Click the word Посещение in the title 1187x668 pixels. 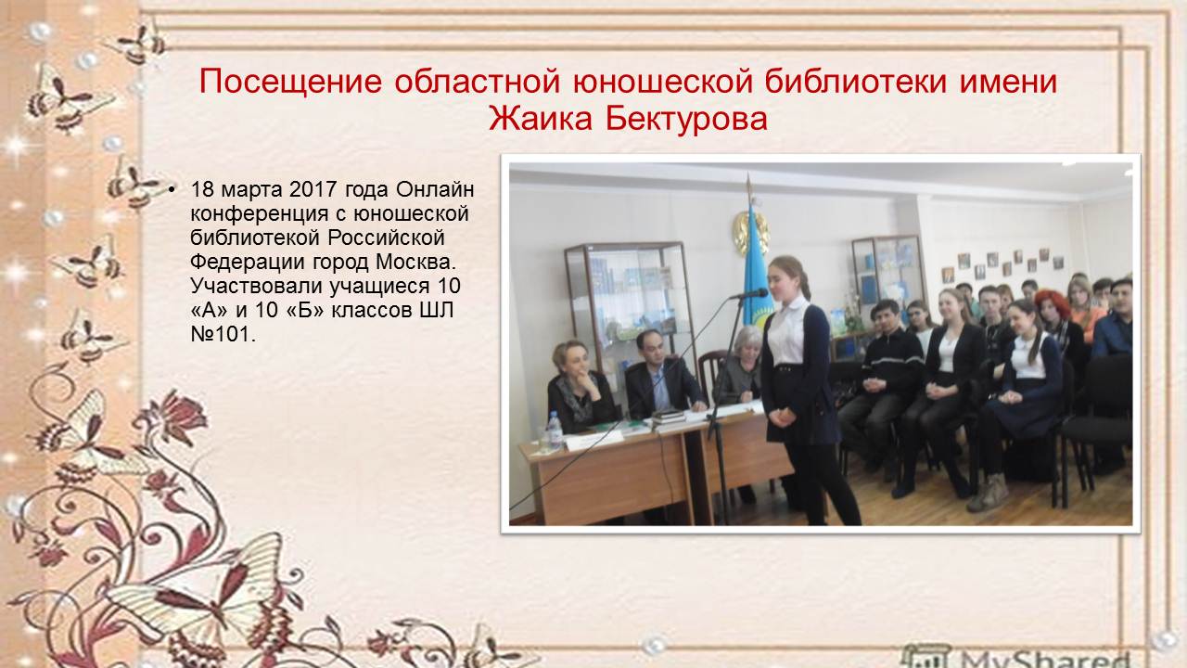pos(290,82)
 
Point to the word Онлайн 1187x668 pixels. pos(435,188)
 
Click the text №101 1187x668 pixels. pos(223,334)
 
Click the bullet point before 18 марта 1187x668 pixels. pos(171,190)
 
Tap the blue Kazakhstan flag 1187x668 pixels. pos(759,265)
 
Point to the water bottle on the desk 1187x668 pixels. pos(555,430)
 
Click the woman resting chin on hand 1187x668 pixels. pos(579,387)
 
